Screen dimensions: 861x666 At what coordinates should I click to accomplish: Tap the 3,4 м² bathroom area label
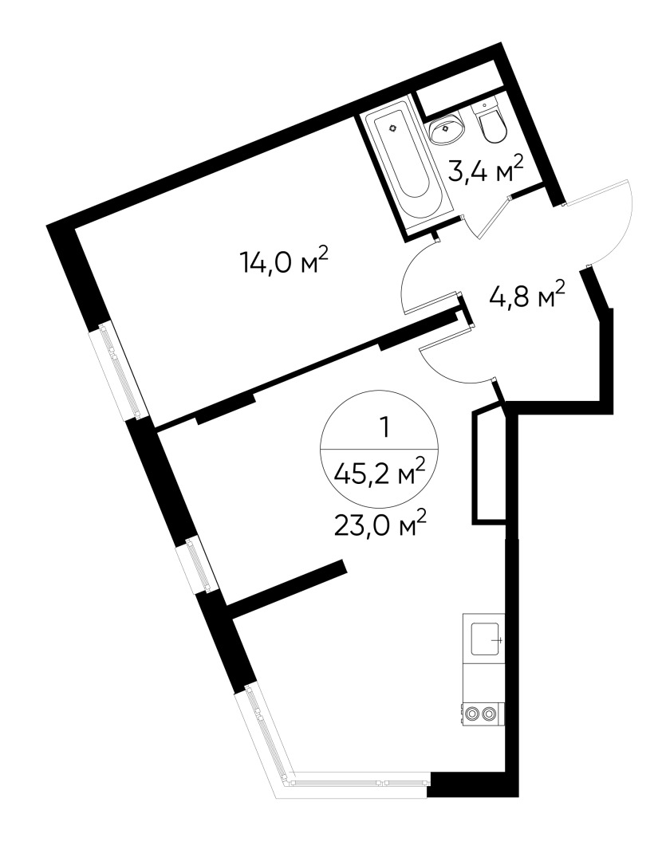click(484, 170)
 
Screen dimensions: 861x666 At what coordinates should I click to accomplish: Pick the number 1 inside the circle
click(385, 428)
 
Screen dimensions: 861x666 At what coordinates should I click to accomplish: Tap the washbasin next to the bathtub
click(448, 128)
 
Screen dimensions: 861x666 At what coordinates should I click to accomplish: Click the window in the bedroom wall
click(120, 371)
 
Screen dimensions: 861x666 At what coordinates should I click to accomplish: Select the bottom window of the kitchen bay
click(359, 782)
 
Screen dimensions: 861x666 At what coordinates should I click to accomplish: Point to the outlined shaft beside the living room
click(489, 466)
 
